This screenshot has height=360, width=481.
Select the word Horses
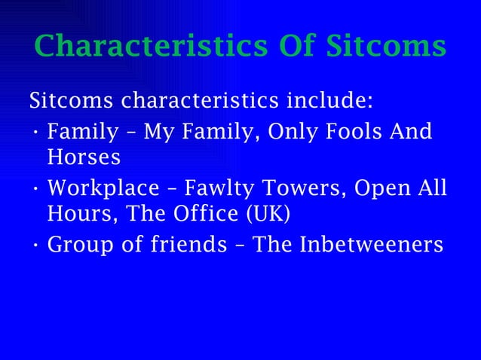(x=84, y=159)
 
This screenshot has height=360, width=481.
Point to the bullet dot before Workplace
(x=36, y=189)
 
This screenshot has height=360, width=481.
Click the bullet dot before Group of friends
(x=36, y=246)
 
